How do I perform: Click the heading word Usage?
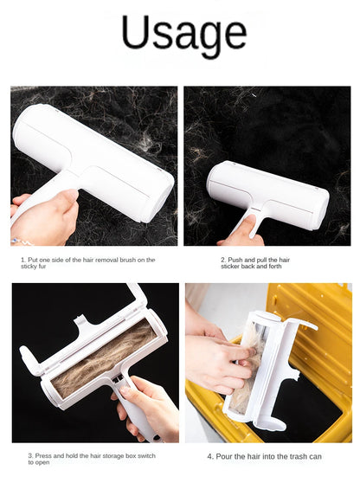183,35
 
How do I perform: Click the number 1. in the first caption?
23,259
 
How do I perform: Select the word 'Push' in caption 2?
234,259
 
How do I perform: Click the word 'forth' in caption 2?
276,267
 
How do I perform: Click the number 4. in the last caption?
210,456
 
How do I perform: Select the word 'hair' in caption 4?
258,456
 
